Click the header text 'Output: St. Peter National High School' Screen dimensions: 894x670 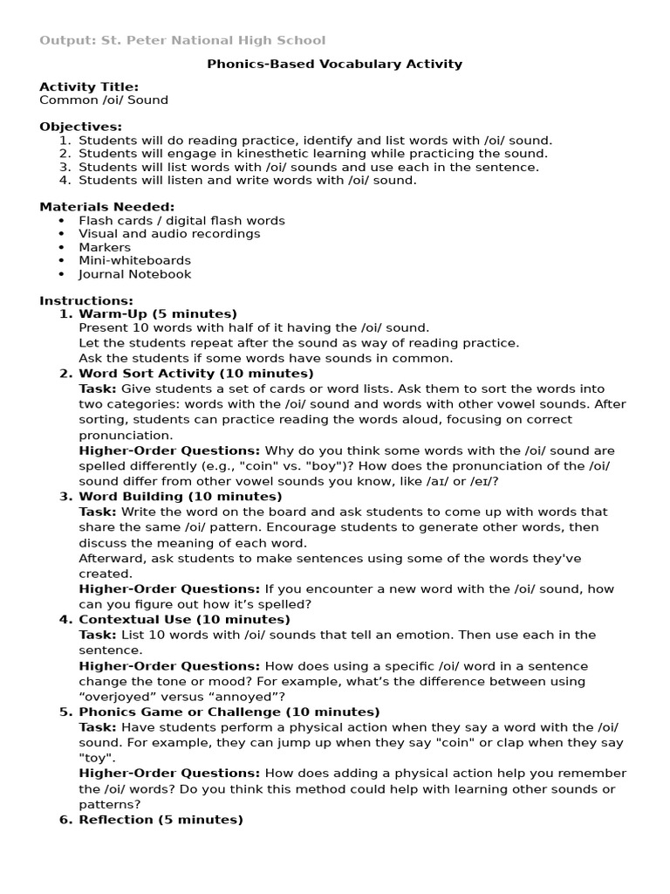[x=182, y=40]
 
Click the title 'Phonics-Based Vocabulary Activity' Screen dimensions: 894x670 [x=334, y=64]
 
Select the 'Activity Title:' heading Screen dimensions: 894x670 [x=89, y=86]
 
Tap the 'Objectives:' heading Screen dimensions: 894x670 [x=81, y=127]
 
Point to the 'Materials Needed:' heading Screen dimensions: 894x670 [x=107, y=207]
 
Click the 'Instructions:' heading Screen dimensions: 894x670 [x=86, y=300]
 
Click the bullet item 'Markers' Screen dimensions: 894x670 [x=105, y=247]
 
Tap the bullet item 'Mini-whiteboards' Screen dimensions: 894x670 [x=134, y=260]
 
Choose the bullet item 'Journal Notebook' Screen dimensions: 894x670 [x=135, y=274]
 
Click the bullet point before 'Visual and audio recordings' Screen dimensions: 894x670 [x=62, y=234]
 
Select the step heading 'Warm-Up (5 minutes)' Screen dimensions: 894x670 [x=158, y=314]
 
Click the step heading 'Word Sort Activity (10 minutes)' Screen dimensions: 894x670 [x=196, y=374]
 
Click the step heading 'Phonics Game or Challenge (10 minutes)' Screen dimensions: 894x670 [x=229, y=712]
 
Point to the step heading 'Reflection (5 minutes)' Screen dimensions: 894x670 [x=161, y=820]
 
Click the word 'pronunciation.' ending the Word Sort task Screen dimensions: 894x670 [x=126, y=435]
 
